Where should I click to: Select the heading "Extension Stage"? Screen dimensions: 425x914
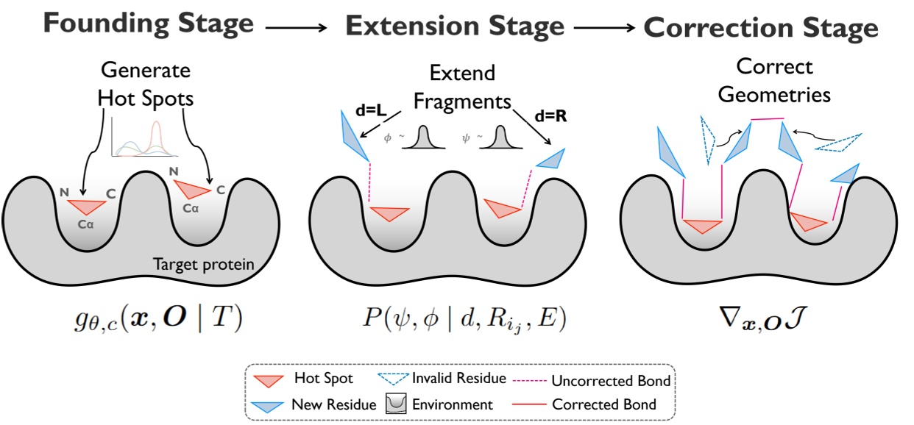(x=455, y=26)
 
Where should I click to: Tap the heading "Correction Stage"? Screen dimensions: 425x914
(x=761, y=28)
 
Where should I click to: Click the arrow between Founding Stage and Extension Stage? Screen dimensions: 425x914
(x=296, y=29)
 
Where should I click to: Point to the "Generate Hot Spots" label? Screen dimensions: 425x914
(x=145, y=84)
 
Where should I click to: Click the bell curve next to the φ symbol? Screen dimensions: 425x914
(x=425, y=137)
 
